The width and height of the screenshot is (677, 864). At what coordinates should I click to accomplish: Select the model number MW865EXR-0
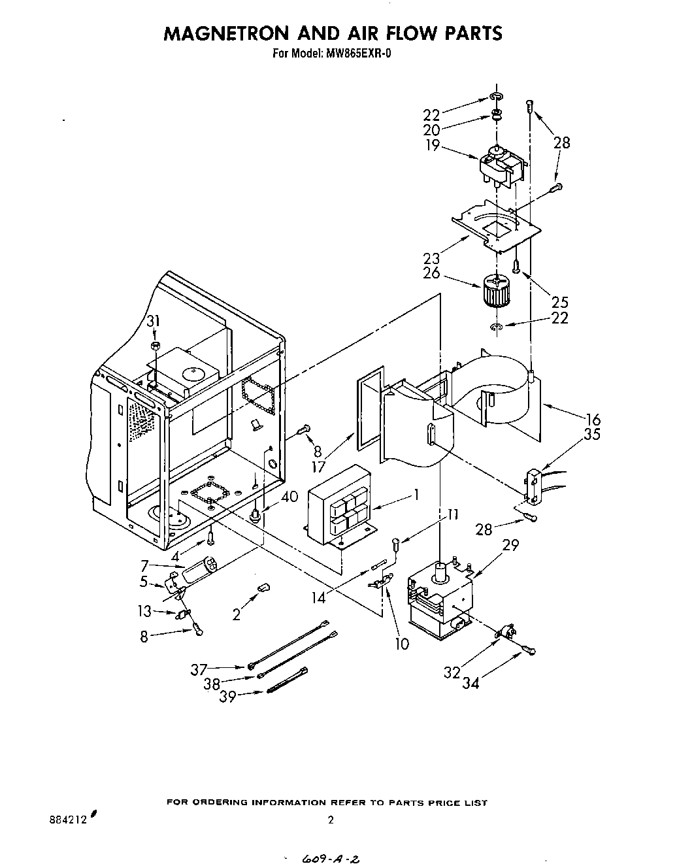357,54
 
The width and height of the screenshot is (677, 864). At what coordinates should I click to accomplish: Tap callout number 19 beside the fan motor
432,146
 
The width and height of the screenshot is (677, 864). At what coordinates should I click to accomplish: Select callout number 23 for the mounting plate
431,258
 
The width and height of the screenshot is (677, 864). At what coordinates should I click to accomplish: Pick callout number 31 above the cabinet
153,321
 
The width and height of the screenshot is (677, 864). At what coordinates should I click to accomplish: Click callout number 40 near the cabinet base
289,497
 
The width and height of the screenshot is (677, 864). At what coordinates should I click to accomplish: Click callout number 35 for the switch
592,433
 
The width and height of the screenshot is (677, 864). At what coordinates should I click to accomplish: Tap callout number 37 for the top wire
199,669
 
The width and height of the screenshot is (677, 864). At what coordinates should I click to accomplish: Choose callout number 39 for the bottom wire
227,697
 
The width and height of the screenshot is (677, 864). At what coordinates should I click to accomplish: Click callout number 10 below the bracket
401,644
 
